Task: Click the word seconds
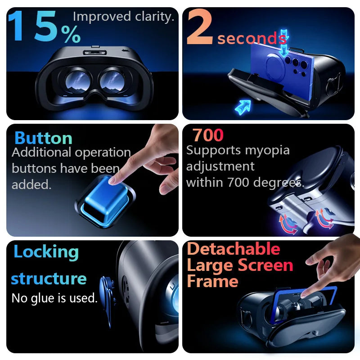(x=249, y=38)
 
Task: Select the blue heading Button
(x=43, y=138)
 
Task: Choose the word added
(x=31, y=184)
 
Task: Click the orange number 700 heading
(x=208, y=135)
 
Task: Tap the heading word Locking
(x=46, y=252)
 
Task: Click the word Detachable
(x=233, y=249)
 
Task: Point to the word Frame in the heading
(x=212, y=281)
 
